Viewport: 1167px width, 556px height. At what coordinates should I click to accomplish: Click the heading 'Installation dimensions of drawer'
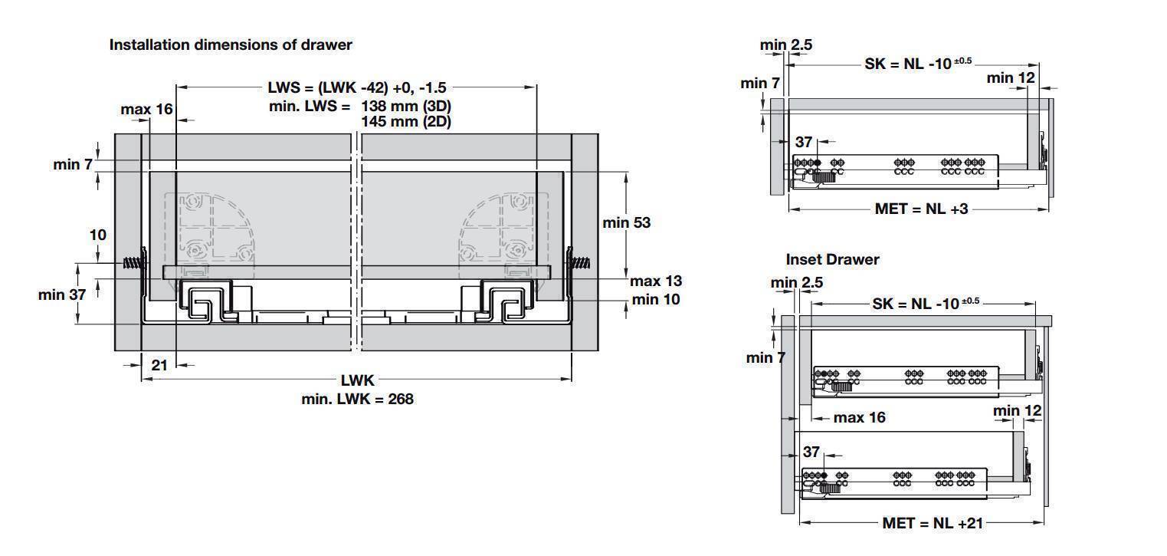[x=231, y=44]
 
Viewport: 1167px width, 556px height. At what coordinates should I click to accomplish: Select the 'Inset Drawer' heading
[x=832, y=259]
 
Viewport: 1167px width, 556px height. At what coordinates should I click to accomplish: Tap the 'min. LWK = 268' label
[x=357, y=399]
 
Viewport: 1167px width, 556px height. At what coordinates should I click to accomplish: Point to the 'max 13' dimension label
[x=656, y=281]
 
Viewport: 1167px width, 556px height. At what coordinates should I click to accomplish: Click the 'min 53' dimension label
[x=627, y=222]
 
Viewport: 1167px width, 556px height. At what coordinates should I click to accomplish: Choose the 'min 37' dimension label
[x=61, y=294]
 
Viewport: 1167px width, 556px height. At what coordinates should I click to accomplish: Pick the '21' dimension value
[x=159, y=365]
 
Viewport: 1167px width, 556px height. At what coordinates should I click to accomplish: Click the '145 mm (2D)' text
[x=406, y=121]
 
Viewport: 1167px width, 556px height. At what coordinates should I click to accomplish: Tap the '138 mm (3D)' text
[x=406, y=106]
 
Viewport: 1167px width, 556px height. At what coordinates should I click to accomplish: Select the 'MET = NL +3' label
[x=921, y=209]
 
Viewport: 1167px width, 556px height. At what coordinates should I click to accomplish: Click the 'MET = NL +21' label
[x=933, y=523]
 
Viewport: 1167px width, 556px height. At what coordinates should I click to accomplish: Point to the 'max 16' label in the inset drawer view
[x=859, y=417]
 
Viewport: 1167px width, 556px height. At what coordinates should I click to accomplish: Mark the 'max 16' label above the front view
[x=146, y=109]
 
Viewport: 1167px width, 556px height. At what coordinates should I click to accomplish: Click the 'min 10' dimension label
[x=656, y=299]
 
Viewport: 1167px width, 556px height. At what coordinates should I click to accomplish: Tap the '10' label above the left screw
[x=98, y=235]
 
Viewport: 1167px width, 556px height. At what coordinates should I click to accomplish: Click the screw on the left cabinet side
[x=134, y=263]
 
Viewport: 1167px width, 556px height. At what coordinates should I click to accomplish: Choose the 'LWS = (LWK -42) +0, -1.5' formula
[x=357, y=87]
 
